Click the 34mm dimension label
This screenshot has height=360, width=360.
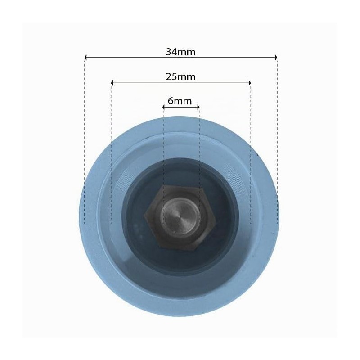click(180, 52)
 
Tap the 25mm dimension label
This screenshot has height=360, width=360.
click(180, 76)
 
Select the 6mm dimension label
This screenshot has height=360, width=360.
click(180, 101)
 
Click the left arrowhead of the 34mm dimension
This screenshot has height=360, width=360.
click(85, 58)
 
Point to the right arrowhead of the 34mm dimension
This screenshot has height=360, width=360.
click(276, 58)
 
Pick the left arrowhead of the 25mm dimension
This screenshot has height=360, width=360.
click(112, 83)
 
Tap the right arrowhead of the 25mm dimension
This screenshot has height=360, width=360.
click(250, 83)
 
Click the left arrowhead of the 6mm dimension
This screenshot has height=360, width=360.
click(164, 107)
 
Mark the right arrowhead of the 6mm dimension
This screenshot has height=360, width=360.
click(198, 107)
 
